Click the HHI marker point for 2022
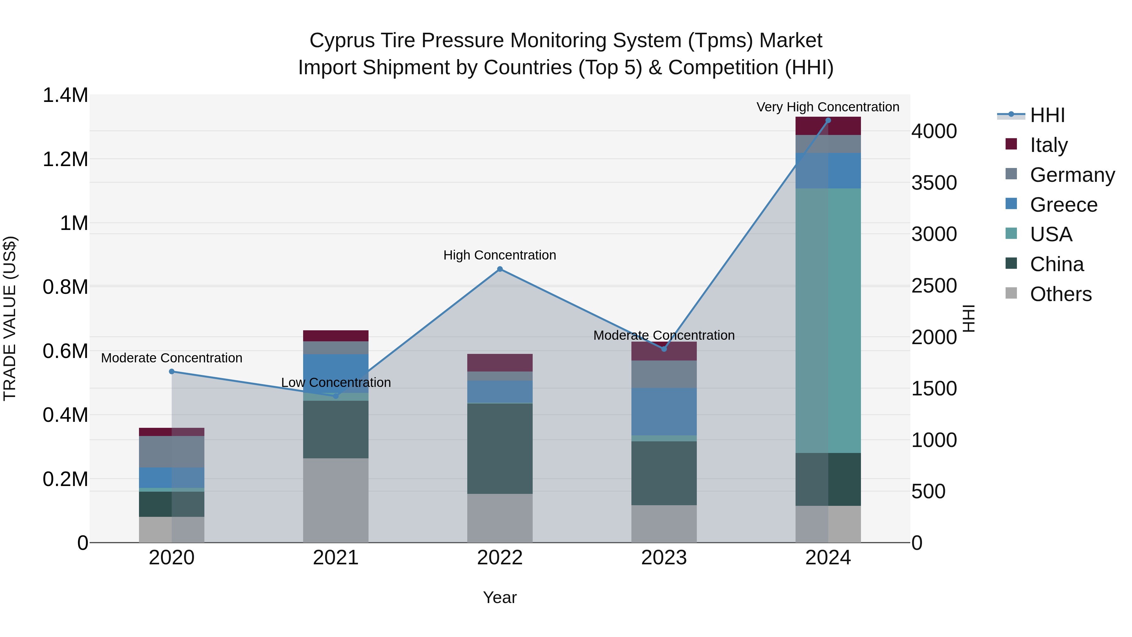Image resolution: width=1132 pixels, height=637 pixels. pos(500,269)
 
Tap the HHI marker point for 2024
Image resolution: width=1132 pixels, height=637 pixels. pos(828,120)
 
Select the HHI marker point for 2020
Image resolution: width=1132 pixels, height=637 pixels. pos(172,372)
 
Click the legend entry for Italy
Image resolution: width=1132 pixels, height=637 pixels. pos(1048,145)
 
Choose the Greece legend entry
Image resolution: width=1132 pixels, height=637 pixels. pos(1063,204)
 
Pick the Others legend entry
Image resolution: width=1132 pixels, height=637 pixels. pos(1060,294)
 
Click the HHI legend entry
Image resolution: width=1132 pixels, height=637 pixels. pos(1047,115)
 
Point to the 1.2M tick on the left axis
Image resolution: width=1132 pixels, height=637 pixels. pos(65,159)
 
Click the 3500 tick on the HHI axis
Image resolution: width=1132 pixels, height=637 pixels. pos(934,182)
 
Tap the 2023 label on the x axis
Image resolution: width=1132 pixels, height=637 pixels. pos(663,557)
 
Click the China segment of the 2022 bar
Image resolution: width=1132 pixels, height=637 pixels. pos(500,448)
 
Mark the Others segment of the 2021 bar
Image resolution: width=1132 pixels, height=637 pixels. pos(336,500)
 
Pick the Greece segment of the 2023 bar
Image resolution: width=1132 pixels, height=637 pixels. pos(663,411)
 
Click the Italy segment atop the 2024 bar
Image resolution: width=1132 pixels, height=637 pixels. pos(828,126)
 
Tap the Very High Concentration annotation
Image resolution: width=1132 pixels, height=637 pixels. pos(828,107)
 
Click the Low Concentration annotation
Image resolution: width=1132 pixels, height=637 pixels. pos(336,383)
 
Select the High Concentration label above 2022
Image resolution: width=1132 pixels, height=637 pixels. pos(500,255)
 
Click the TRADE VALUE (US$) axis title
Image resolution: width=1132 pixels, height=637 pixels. pos(10,318)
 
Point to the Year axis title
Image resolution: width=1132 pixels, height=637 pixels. pos(500,597)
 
